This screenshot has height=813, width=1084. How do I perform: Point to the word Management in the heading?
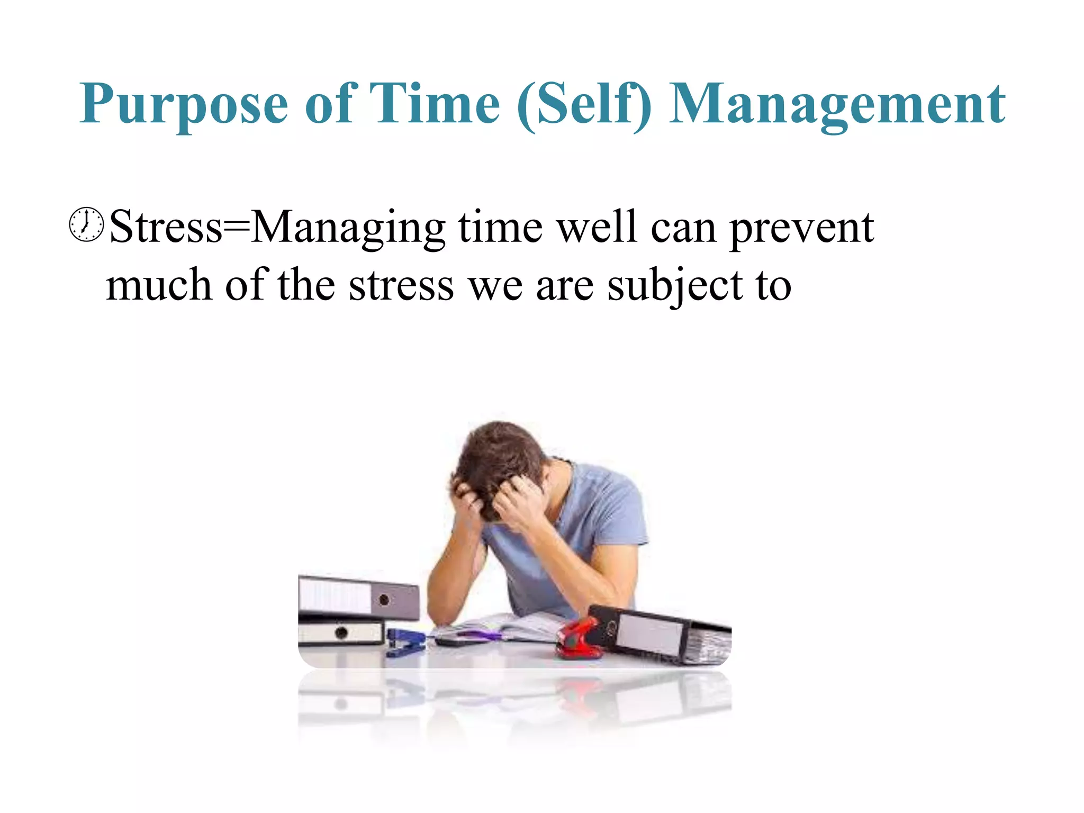837,105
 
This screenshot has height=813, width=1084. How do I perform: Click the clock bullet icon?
86,225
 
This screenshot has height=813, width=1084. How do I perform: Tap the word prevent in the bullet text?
801,229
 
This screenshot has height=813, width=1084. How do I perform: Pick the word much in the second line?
159,285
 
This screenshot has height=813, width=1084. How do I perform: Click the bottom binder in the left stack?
341,632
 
